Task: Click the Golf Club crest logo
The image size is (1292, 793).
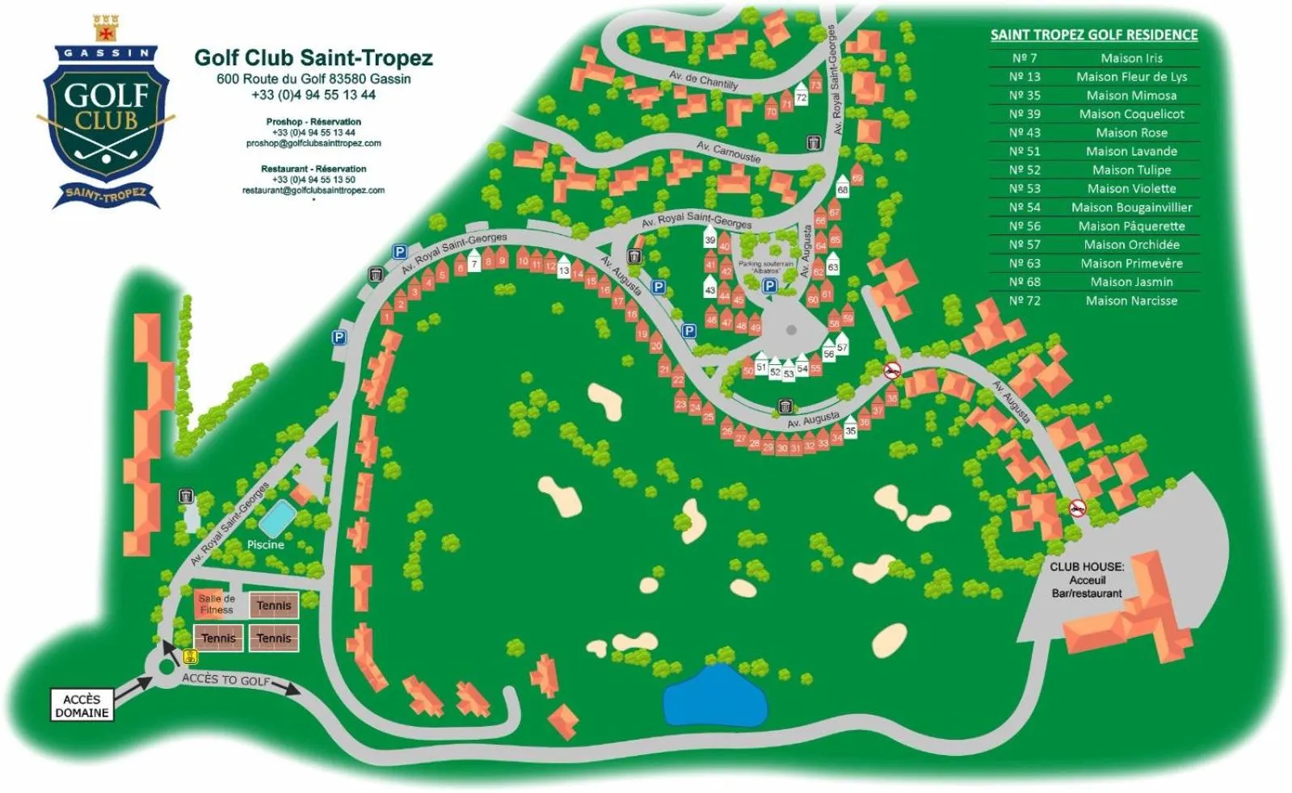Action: point(106,114)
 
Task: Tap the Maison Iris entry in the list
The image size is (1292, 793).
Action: point(1131,58)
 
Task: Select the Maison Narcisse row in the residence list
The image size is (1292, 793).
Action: point(1131,300)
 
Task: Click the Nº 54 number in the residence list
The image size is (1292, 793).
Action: point(1025,208)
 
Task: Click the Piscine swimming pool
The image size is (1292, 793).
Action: point(276,518)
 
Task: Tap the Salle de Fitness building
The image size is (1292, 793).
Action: point(216,604)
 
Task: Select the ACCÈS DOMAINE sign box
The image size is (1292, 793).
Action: point(82,706)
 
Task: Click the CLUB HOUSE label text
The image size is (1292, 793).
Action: point(1086,567)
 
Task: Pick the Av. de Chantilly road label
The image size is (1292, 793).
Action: point(703,79)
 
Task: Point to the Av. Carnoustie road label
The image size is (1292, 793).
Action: point(728,151)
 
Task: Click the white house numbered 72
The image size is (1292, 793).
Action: point(801,96)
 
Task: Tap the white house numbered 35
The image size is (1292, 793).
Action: point(850,430)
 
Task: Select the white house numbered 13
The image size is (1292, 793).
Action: point(563,270)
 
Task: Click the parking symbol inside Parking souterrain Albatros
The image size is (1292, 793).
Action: point(769,286)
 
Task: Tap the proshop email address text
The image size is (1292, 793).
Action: point(314,144)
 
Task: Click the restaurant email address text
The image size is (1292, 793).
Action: point(314,191)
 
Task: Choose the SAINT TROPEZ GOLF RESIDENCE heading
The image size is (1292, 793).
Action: point(1094,35)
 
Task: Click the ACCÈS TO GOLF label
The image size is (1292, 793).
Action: point(226,679)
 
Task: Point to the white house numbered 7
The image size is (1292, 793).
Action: point(474,262)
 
